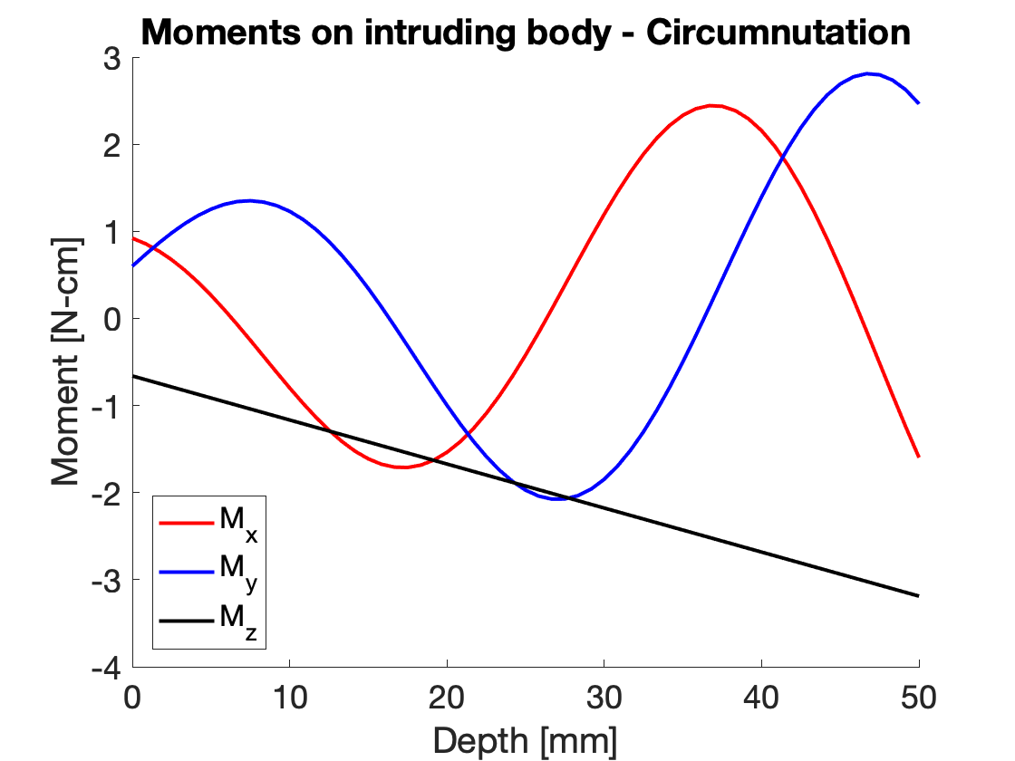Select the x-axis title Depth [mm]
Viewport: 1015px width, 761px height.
coord(526,740)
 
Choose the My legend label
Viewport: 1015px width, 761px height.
coord(238,570)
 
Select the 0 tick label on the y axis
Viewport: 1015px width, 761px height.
coord(112,319)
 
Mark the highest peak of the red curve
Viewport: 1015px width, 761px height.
coord(714,105)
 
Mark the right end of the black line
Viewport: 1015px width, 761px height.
coord(919,596)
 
